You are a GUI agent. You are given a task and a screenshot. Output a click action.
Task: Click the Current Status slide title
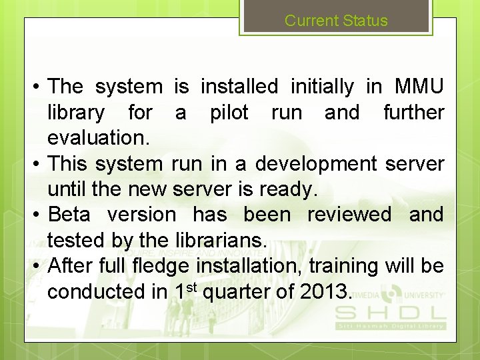click(336, 20)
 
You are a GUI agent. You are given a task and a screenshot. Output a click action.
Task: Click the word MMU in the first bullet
click(419, 87)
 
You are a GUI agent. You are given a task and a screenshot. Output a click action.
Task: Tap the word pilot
click(229, 113)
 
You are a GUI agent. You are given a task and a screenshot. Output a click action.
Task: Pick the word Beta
click(70, 215)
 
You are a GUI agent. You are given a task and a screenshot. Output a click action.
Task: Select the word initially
click(322, 87)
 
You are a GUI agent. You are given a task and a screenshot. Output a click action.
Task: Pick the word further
click(413, 113)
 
